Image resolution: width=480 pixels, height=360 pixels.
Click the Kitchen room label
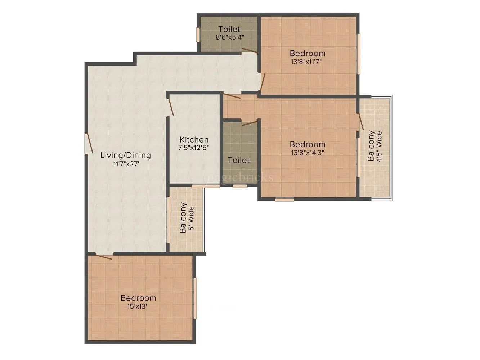(x=194, y=140)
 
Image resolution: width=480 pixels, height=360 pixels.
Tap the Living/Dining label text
(x=125, y=156)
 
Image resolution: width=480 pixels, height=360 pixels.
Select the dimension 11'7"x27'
(x=125, y=164)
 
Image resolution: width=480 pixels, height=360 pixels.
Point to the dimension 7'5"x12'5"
(x=194, y=147)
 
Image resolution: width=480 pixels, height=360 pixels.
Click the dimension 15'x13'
(x=138, y=306)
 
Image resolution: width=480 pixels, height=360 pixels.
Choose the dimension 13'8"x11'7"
(x=307, y=61)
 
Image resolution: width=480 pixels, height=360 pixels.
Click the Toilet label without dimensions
(x=239, y=160)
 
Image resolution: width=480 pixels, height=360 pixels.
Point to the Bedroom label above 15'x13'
(x=138, y=298)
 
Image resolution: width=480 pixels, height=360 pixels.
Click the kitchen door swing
(x=171, y=107)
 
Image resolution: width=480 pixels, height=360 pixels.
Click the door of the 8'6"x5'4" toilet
(x=249, y=51)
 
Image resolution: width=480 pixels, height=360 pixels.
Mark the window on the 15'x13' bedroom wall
(x=195, y=298)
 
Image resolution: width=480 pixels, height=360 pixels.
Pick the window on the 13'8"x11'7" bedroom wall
(x=358, y=54)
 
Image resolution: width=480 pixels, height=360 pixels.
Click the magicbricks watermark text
(x=238, y=177)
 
